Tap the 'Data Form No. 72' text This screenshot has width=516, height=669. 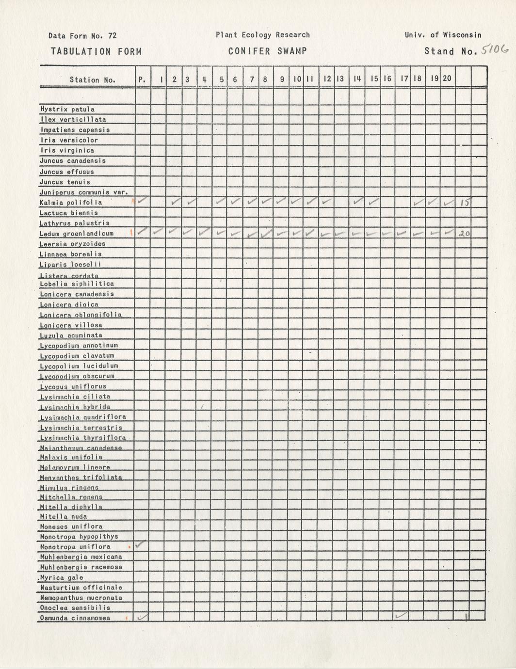(x=82, y=35)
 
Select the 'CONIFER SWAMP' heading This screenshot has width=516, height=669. (x=267, y=51)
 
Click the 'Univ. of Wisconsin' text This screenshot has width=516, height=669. (x=443, y=35)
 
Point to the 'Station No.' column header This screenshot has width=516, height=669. (x=92, y=80)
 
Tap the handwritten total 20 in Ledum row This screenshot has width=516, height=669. (x=464, y=234)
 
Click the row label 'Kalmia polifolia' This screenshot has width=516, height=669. (x=71, y=202)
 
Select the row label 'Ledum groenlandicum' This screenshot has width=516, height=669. (x=77, y=234)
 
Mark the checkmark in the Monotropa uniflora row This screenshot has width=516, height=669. (x=141, y=545)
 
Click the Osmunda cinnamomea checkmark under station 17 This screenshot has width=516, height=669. (x=402, y=616)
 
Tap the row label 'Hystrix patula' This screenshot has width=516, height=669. (x=67, y=110)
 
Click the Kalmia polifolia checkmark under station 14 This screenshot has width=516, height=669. (x=358, y=200)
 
